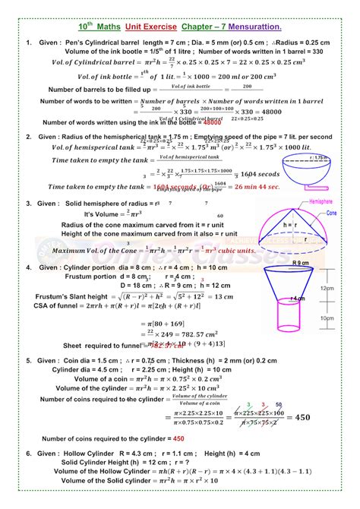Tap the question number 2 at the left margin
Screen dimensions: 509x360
tap(28, 137)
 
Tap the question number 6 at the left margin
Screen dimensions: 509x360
tap(28, 453)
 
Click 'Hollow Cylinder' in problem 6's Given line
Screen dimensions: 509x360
tap(88, 453)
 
